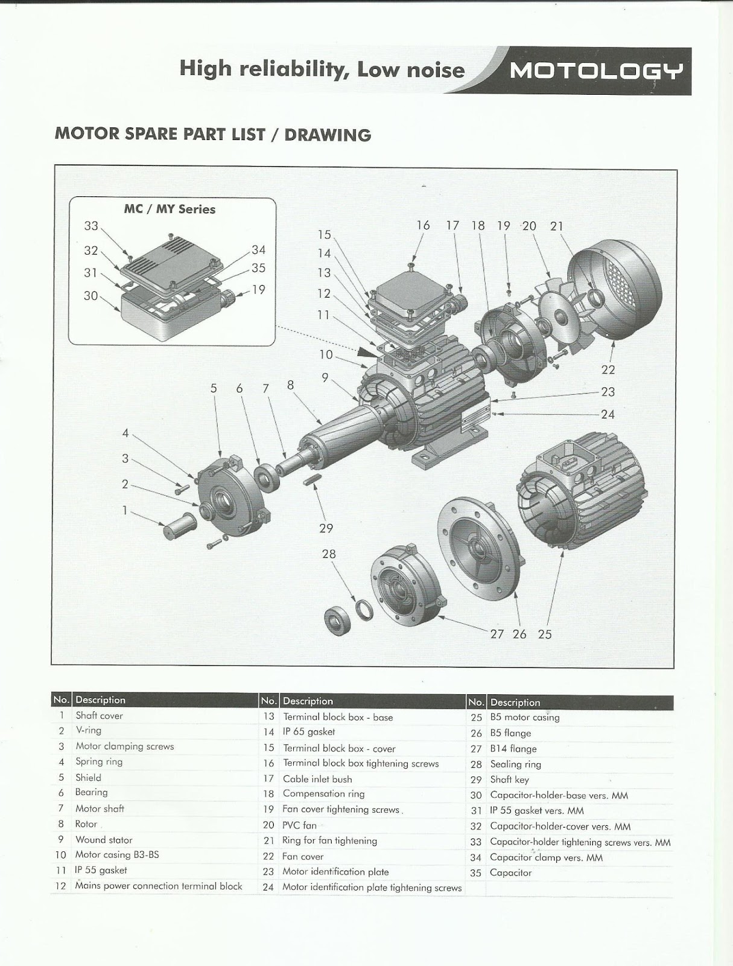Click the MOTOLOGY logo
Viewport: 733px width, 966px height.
[596, 71]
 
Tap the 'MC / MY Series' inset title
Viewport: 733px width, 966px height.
[170, 210]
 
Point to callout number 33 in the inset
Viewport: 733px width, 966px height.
[91, 226]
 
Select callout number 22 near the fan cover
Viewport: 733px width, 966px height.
[608, 369]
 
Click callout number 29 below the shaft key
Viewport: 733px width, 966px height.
[326, 528]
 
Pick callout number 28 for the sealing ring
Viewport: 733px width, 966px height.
[328, 554]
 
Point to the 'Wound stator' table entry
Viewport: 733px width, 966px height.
[104, 840]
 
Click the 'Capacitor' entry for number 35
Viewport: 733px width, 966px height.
[511, 872]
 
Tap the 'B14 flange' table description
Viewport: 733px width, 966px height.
[513, 749]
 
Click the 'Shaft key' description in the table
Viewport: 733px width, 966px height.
[509, 779]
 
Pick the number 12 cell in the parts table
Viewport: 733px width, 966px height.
[60, 886]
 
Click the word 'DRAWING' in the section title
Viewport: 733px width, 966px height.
[328, 134]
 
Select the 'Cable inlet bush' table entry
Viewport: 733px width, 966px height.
[317, 779]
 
